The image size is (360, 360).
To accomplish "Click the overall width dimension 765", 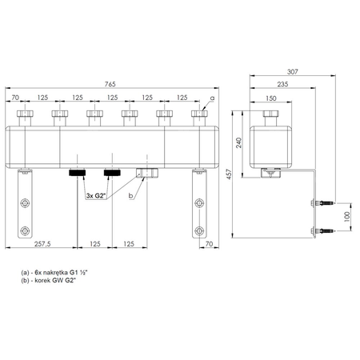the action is (x=110, y=84).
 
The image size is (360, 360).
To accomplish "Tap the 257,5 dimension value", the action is (x=42, y=244).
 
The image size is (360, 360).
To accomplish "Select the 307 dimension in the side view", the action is (x=293, y=72).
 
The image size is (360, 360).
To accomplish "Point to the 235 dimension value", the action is (x=282, y=84).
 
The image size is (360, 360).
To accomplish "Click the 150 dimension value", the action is (x=271, y=98).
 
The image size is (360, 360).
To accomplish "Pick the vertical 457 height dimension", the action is (x=229, y=174).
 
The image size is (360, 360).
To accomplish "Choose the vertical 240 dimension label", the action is (x=239, y=142).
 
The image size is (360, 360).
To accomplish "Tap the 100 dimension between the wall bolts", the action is (x=347, y=217).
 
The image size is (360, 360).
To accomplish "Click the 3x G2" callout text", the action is (x=95, y=196).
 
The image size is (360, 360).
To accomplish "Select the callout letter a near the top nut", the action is (x=212, y=98).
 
